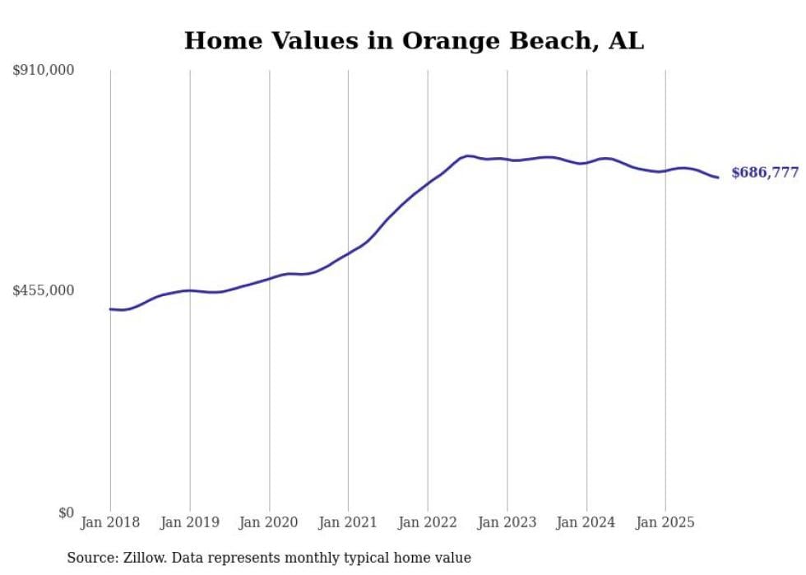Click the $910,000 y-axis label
pos(44,71)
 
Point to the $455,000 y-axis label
pos(44,290)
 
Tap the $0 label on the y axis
pos(66,512)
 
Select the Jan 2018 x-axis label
pos(110,522)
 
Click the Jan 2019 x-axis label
pos(190,522)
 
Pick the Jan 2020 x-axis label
pos(269,522)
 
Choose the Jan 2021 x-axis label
pos(348,522)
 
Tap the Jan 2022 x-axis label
pos(428,522)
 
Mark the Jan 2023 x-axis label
pos(507,522)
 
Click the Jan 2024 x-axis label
pos(586,522)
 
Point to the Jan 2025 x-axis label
pos(665,522)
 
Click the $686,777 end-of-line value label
pos(765,173)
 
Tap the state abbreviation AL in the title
pos(626,41)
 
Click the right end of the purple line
pos(718,177)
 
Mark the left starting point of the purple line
pos(110,309)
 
